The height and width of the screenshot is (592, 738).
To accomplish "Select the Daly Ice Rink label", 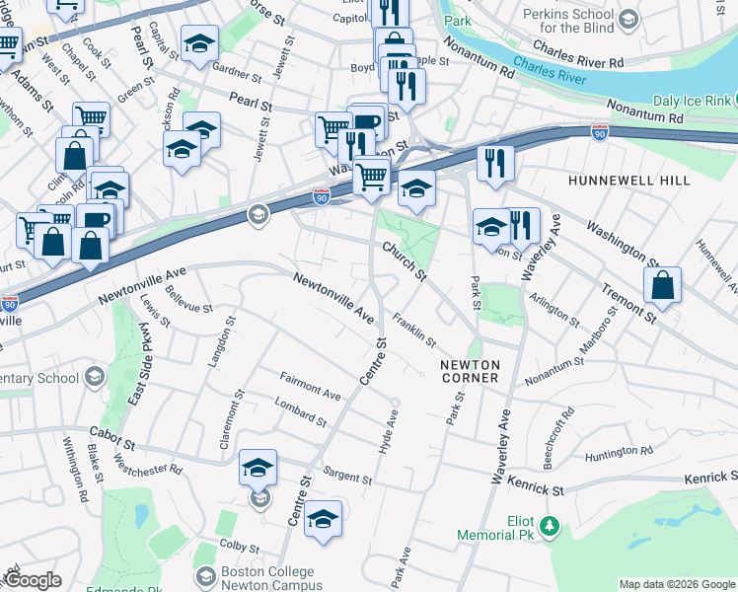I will tap(692, 101).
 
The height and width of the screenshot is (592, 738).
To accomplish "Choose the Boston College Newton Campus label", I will tap(267, 578).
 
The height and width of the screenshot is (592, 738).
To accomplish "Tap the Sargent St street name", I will tap(346, 477).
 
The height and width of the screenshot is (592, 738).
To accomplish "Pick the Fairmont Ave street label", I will tap(310, 386).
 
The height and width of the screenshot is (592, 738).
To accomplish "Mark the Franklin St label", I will tap(413, 329).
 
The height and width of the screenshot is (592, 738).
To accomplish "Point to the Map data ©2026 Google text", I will tap(676, 584).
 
